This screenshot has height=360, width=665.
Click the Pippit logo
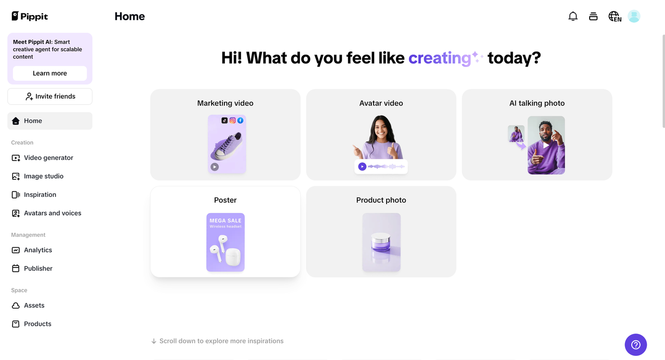pos(30,16)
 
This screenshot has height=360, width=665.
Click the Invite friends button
pos(50,96)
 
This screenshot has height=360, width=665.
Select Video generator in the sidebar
pos(48,158)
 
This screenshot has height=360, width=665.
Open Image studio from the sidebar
pos(44,176)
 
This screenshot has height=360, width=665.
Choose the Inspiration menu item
pos(40,195)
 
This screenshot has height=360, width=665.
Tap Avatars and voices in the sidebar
pos(52,213)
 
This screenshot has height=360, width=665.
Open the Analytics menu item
pos(38,250)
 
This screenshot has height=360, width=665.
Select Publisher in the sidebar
pos(38,269)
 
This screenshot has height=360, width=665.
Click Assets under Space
pos(34,305)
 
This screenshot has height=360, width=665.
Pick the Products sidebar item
pos(37,324)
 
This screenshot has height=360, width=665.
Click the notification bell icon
pos(573,17)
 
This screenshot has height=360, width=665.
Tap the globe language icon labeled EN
pos(615,17)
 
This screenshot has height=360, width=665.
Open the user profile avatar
pos(634,17)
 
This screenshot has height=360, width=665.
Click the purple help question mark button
pos(635,344)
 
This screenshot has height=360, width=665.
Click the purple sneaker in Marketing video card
pos(227,146)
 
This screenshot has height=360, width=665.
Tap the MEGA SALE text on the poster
pos(225,220)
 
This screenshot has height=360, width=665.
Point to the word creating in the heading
pos(440,58)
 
